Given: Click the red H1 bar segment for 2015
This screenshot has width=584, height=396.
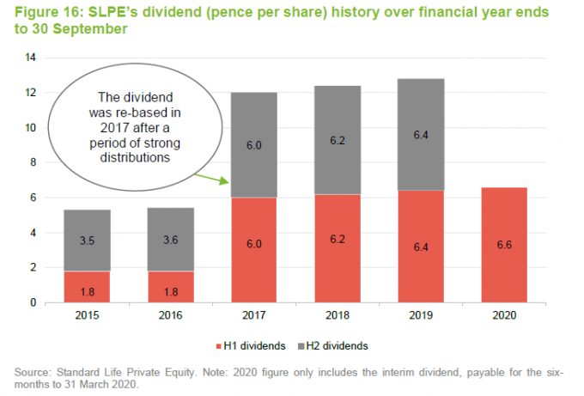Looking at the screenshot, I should [87, 287].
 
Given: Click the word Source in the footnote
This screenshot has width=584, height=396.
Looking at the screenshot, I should [33, 371].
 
